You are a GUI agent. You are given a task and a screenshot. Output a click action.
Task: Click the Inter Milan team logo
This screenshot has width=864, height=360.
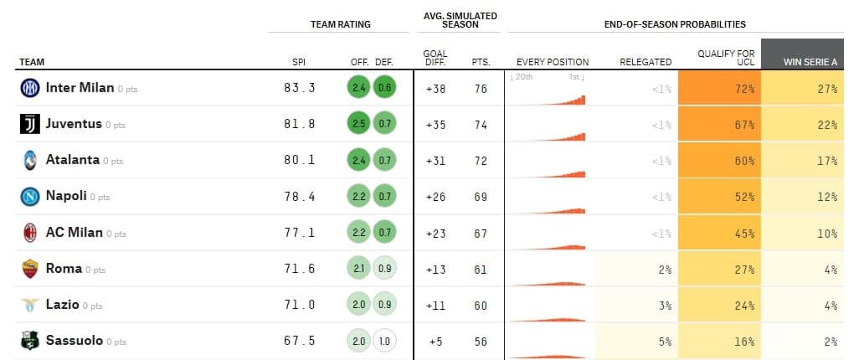(x=30, y=88)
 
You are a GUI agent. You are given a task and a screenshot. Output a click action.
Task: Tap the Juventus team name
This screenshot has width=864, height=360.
(x=74, y=124)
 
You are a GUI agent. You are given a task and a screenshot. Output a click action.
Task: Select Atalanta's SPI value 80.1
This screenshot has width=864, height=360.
(x=300, y=160)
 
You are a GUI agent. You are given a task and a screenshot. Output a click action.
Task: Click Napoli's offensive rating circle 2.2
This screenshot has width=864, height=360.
(x=358, y=196)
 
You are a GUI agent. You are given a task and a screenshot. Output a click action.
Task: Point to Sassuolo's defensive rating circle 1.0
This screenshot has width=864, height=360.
(x=384, y=341)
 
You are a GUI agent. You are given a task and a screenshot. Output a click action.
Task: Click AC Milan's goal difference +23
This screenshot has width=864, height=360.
(x=435, y=233)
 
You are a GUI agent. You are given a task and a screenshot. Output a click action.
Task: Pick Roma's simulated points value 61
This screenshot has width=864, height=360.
(x=480, y=269)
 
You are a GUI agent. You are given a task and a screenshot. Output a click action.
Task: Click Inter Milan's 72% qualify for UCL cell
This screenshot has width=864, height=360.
(x=719, y=88)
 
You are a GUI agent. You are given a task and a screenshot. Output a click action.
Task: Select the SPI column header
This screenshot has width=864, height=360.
(x=298, y=62)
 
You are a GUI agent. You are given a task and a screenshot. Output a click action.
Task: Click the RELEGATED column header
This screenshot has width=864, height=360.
(x=645, y=62)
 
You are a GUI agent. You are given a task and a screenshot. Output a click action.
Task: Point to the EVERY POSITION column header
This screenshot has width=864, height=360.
(x=553, y=62)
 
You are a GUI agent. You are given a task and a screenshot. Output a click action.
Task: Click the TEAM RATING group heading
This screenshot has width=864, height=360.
(x=340, y=25)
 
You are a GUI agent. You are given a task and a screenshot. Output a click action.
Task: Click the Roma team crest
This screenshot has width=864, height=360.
(x=30, y=269)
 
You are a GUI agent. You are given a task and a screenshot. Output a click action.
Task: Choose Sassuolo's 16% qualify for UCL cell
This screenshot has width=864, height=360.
(x=719, y=341)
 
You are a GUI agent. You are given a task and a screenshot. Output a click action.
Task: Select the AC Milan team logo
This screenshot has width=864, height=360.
(x=30, y=233)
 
